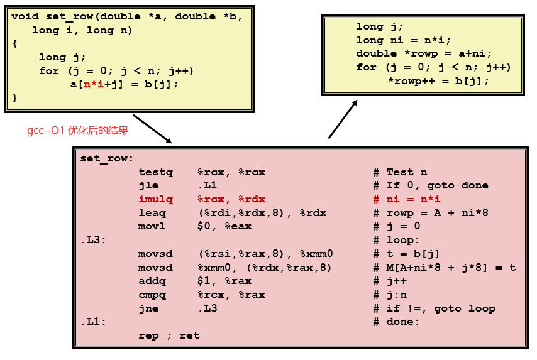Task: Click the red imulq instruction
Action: [152, 199]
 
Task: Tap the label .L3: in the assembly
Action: [93, 240]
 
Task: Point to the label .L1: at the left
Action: [93, 322]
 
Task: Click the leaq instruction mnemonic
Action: [152, 213]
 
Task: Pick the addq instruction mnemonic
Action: [152, 281]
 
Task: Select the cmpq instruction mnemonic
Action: [152, 295]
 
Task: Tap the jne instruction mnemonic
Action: [149, 308]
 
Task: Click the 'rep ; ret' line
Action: [169, 335]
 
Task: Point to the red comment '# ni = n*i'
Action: [407, 199]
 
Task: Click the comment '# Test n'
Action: [400, 172]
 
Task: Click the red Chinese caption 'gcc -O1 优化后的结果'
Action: [77, 131]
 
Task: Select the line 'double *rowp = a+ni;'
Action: [424, 53]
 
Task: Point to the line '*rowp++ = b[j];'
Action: [438, 81]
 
